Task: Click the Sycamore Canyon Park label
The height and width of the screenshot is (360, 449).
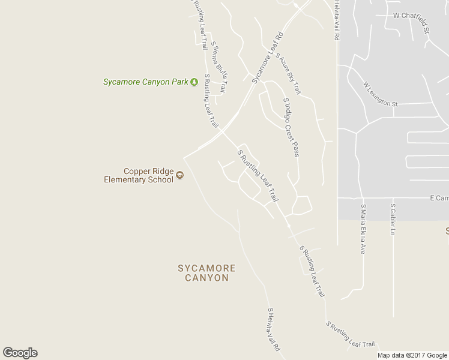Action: tap(146, 82)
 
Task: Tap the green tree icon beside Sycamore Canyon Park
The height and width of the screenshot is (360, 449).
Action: tap(194, 82)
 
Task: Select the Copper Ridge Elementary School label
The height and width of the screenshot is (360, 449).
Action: tap(139, 175)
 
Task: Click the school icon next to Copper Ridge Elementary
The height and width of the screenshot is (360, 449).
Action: tap(179, 176)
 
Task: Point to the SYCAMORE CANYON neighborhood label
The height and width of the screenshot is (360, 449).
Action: tap(206, 273)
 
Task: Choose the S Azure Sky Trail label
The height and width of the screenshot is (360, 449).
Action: tap(288, 73)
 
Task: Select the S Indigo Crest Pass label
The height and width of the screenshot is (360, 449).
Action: tap(291, 127)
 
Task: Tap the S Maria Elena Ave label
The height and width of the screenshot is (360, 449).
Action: tap(363, 229)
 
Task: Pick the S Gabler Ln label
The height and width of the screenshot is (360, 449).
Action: tap(393, 220)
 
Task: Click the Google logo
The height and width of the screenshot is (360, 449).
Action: tap(20, 353)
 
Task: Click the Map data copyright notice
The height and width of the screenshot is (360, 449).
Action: tap(412, 355)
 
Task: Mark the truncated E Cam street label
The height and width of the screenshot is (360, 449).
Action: tap(439, 197)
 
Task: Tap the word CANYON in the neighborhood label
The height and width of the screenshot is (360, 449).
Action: tap(206, 278)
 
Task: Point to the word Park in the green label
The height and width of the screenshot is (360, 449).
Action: tap(179, 82)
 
